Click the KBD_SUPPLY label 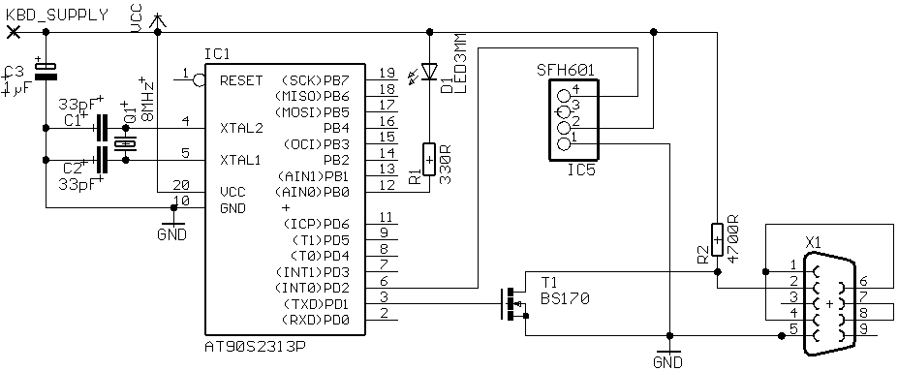[x=56, y=15]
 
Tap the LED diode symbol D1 [x=429, y=71]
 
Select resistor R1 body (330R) [x=429, y=159]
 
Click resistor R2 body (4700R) [x=717, y=238]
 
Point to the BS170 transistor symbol [x=513, y=303]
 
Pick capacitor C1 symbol [x=103, y=128]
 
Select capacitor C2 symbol [x=103, y=160]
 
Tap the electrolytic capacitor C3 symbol [x=46, y=70]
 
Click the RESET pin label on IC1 [x=241, y=80]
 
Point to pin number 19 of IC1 [x=387, y=73]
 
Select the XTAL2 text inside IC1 [x=241, y=128]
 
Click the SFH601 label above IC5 [x=566, y=71]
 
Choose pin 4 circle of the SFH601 [x=566, y=96]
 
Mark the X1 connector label [x=813, y=242]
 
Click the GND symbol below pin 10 [x=172, y=229]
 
